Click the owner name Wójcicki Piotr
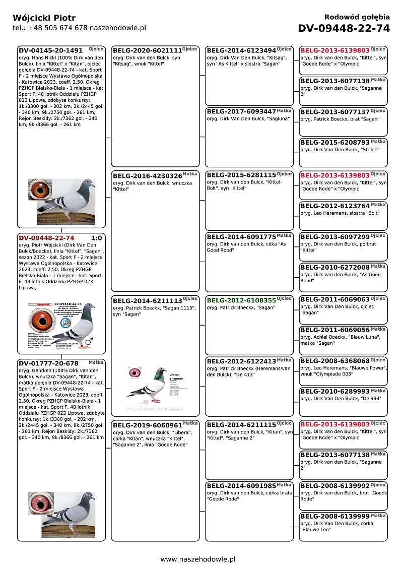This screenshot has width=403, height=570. pos(44,18)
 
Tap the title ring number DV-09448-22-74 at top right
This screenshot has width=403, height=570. pos(344,28)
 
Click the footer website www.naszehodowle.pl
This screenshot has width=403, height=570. pos(198,559)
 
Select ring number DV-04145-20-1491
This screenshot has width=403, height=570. pos(50,51)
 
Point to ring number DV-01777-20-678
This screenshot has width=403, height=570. pos(48,363)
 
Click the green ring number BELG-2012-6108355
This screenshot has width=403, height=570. pos(241,300)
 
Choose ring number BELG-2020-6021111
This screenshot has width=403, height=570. pos(147,51)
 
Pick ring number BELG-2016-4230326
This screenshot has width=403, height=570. pos(147,176)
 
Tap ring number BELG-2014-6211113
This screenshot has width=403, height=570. pos(147,300)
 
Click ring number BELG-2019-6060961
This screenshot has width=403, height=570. pos(147,425)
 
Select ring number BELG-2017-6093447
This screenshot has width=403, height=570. pos(241,112)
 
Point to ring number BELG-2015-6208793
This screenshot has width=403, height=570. pos(335,143)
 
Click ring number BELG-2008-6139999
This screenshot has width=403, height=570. pos(335,517)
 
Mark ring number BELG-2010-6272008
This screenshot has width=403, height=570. pos(335,268)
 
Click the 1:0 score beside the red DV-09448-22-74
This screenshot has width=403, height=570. pos(96,238)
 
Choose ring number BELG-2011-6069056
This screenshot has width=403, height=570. pos(335,330)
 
